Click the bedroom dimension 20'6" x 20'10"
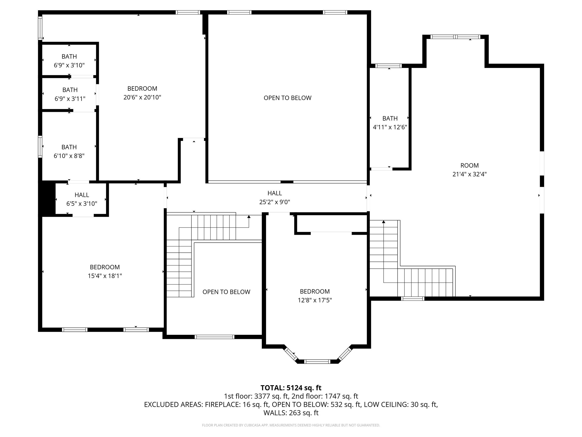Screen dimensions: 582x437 (142, 97)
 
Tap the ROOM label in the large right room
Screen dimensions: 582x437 (469, 165)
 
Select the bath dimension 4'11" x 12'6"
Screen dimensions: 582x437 (390, 127)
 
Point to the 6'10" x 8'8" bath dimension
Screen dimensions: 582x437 (69, 156)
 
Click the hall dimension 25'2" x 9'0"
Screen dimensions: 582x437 (275, 202)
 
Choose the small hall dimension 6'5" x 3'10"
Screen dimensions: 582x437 (82, 204)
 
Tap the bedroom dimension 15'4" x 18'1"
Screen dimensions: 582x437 (105, 276)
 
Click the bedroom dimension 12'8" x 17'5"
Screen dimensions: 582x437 (315, 300)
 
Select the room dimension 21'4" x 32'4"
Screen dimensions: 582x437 (469, 174)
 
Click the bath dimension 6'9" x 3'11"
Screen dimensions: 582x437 (70, 99)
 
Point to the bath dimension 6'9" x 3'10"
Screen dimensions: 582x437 (69, 65)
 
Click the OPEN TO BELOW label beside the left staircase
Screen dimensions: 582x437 (226, 292)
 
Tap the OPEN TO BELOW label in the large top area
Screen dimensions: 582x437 (288, 98)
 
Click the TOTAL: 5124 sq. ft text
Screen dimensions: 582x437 (291, 388)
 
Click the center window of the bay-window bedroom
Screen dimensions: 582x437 (317, 362)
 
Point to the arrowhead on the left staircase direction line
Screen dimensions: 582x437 (249, 217)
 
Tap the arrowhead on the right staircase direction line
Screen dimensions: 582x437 (384, 222)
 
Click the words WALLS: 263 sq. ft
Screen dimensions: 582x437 (291, 413)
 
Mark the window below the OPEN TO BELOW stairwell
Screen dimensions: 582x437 (215, 337)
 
